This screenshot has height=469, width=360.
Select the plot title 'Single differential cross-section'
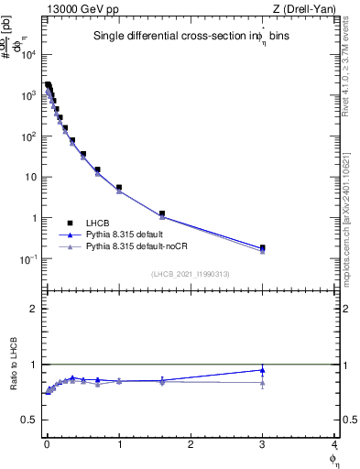tap(169, 37)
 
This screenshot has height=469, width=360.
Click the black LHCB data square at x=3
tap(263, 247)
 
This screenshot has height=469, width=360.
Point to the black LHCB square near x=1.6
tap(161, 213)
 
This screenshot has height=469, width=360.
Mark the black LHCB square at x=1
tap(119, 188)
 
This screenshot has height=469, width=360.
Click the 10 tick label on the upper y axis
tap(31, 177)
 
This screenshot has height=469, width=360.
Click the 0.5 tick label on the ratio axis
tap(29, 420)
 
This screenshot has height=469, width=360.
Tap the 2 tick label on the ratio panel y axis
tap(33, 309)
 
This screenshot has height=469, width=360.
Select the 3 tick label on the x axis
tap(263, 445)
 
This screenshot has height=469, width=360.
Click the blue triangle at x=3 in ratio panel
tap(263, 370)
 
